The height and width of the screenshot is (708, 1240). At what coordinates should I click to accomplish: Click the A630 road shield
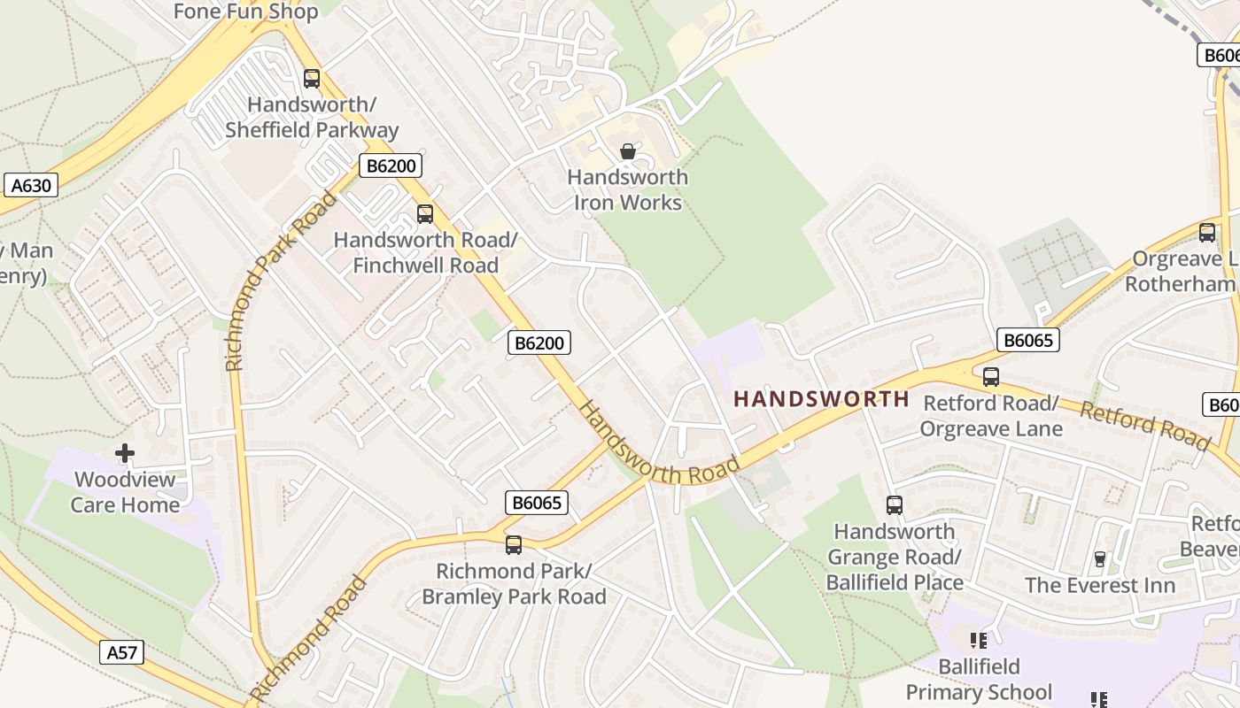coord(31,185)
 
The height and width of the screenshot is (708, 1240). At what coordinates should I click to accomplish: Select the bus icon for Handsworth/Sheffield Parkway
coord(311,79)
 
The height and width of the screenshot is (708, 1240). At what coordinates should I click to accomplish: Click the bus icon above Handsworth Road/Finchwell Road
coord(425,214)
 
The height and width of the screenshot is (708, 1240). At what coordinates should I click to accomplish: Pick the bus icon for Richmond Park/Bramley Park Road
coord(514,545)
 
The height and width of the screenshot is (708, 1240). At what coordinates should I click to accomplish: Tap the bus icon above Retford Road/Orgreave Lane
coord(991,377)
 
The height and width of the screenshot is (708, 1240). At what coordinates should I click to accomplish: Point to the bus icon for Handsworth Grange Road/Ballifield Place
coord(895,505)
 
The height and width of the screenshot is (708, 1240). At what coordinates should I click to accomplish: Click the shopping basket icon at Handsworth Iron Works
coord(628,151)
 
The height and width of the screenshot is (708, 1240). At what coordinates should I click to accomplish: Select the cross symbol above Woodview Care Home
coord(125,454)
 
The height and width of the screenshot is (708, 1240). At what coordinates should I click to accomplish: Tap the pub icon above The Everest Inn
coord(1100,559)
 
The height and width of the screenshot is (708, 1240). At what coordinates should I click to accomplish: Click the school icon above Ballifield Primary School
coord(979,640)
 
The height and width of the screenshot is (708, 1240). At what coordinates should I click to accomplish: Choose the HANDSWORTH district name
coord(821,399)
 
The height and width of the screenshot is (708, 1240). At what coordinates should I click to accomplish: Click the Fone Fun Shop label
coord(245,12)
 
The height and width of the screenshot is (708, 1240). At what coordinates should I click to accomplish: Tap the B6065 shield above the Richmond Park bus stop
coord(536,503)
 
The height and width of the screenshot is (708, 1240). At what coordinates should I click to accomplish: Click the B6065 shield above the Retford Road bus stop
coord(1027,340)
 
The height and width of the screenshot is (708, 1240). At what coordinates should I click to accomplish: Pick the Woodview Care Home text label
coord(125,492)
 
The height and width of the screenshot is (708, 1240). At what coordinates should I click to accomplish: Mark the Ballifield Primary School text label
coord(979,679)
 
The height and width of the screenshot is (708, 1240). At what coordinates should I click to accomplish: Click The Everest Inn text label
coord(1100,585)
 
